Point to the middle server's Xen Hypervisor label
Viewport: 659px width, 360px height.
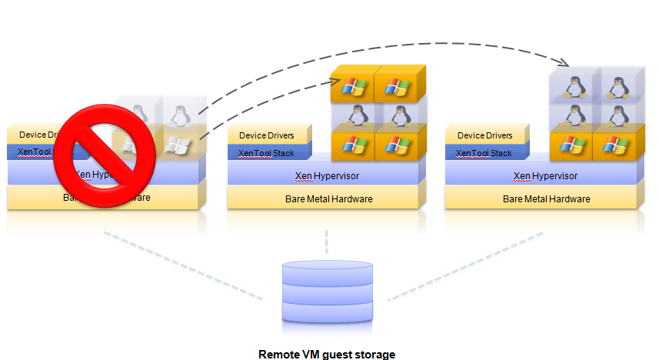point(327,175)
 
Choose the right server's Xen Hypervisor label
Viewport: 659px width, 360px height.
point(545,175)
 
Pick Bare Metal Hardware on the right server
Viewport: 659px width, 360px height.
point(546,199)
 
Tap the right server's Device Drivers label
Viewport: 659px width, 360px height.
point(486,135)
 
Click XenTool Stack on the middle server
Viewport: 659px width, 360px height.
point(266,153)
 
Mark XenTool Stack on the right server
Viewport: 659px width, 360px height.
point(484,153)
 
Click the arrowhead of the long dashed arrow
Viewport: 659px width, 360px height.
point(567,63)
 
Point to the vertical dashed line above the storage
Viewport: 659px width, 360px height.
point(327,241)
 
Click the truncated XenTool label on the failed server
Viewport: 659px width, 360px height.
point(35,152)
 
